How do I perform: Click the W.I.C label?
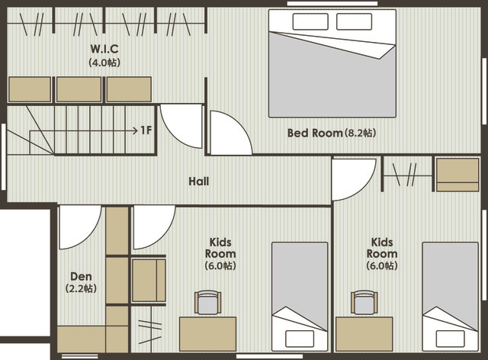pyautogui.click(x=104, y=49)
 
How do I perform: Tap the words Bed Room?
pyautogui.click(x=315, y=133)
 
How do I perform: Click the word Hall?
pyautogui.click(x=199, y=182)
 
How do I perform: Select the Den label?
pyautogui.click(x=81, y=276)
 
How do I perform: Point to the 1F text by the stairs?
pyautogui.click(x=146, y=130)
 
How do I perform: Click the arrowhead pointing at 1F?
pyautogui.click(x=136, y=130)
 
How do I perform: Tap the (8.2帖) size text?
pyautogui.click(x=360, y=133)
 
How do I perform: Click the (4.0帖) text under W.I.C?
pyautogui.click(x=104, y=63)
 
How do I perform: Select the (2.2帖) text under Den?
pyautogui.click(x=81, y=288)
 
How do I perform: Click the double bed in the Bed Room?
pyautogui.click(x=332, y=63)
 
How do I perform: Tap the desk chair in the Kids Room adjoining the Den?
pyautogui.click(x=208, y=302)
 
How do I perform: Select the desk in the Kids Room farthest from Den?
pyautogui.click(x=364, y=334)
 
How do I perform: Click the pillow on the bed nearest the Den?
pyautogui.click(x=300, y=339)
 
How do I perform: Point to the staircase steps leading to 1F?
pyautogui.click(x=81, y=130)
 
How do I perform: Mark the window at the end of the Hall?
pyautogui.click(x=3, y=156)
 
